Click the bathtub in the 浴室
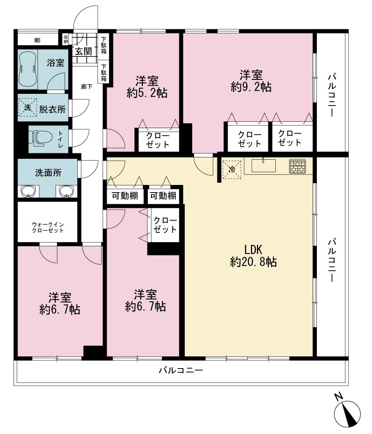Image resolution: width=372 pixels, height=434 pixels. [28, 69]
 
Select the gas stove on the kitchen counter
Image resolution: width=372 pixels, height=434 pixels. [297, 166]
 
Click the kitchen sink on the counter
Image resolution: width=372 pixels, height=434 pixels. [264, 166]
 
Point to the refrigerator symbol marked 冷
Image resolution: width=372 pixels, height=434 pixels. [232, 170]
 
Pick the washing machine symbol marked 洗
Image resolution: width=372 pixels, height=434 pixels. [28, 108]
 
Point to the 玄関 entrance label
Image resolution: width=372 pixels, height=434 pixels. [84, 51]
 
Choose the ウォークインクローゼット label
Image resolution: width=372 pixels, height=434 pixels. [48, 227]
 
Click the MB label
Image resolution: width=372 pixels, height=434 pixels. [38, 41]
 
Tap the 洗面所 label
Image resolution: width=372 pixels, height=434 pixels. [48, 173]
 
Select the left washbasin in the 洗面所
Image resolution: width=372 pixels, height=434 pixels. [29, 191]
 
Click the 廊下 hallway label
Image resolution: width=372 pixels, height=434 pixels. [87, 87]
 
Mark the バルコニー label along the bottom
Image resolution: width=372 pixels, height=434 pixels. [181, 370]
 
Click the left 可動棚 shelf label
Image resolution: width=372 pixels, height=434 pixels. [125, 196]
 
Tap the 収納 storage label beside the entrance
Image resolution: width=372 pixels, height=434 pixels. [66, 38]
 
